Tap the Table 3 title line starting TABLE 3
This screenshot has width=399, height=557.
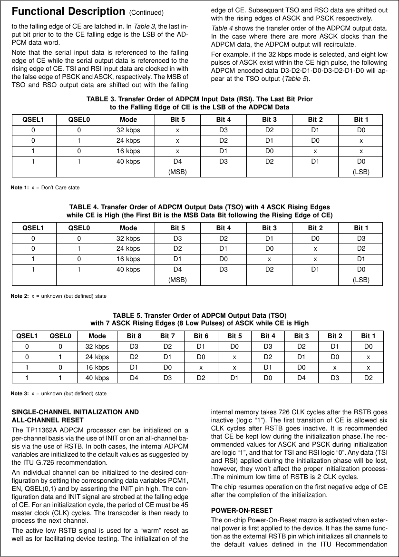click(x=199, y=99)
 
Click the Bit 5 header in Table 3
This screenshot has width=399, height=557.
click(x=177, y=119)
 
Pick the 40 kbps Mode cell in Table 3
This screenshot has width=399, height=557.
click(x=128, y=161)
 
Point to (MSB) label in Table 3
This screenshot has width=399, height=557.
click(x=177, y=171)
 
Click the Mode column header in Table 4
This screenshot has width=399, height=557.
click(x=128, y=228)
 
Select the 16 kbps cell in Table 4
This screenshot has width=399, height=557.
click(x=128, y=259)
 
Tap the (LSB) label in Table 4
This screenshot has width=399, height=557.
click(x=361, y=280)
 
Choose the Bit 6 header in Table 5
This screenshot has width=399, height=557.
click(x=201, y=336)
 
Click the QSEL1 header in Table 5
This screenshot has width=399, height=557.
click(x=28, y=336)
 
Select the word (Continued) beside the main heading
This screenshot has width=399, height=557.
click(x=146, y=12)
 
